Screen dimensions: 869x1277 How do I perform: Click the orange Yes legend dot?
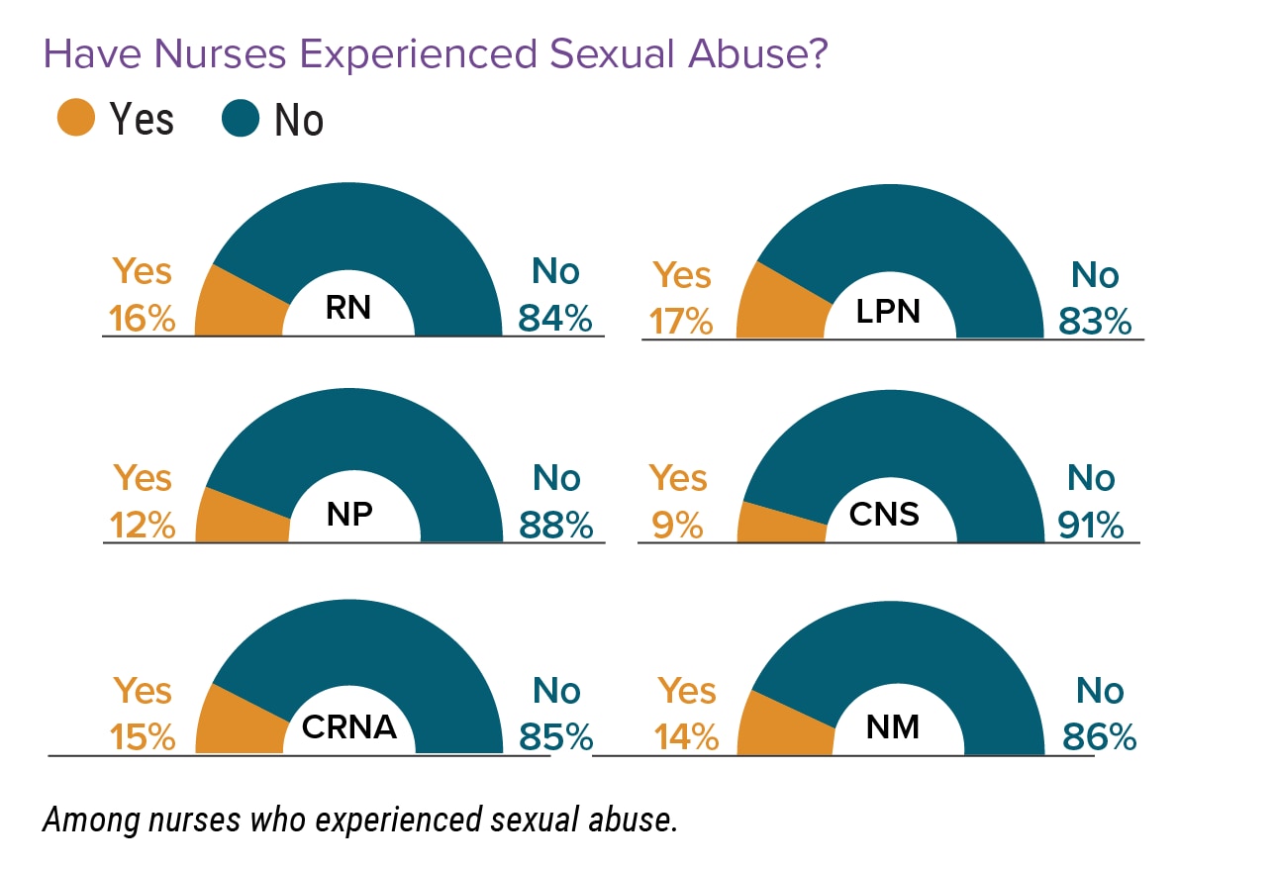pyautogui.click(x=76, y=119)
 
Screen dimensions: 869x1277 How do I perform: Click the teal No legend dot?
pyautogui.click(x=241, y=119)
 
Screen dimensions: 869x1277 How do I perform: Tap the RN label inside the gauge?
pyautogui.click(x=347, y=308)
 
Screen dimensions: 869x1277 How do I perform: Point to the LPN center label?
pyautogui.click(x=888, y=311)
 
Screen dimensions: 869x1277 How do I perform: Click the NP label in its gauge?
pyautogui.click(x=348, y=515)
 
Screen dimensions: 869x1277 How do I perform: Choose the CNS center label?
pyautogui.click(x=885, y=514)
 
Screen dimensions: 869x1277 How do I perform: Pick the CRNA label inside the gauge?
pyautogui.click(x=348, y=726)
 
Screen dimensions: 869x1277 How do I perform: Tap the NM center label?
pyautogui.click(x=892, y=727)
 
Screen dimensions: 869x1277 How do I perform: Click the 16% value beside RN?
pyautogui.click(x=143, y=319)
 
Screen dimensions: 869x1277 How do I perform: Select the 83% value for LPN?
pyautogui.click(x=1094, y=322)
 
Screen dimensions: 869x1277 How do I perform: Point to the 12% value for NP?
pyautogui.click(x=143, y=526)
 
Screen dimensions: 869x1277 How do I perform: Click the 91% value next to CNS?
pyautogui.click(x=1090, y=526)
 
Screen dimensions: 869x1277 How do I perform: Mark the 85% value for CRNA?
pyautogui.click(x=555, y=737)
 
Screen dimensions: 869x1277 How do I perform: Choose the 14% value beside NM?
pyautogui.click(x=685, y=737)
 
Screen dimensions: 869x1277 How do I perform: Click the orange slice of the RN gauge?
pyautogui.click(x=238, y=307)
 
